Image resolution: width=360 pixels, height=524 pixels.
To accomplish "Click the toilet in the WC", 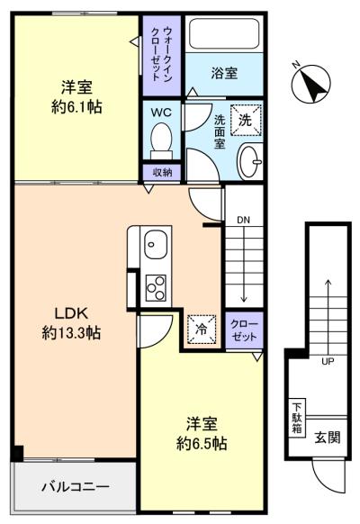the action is [x=161, y=141].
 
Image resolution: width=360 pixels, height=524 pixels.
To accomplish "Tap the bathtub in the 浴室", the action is [x=224, y=34].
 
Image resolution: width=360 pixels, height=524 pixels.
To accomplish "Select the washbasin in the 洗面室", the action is [x=250, y=161].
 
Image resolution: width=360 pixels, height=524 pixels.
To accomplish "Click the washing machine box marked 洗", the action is [x=246, y=120].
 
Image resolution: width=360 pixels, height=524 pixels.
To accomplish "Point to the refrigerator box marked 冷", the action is [x=202, y=330].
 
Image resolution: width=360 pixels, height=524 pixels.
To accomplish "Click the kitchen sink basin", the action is [x=156, y=244].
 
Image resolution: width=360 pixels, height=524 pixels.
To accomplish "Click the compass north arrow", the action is [x=311, y=83].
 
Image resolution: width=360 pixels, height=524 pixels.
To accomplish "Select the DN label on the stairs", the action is [x=244, y=220].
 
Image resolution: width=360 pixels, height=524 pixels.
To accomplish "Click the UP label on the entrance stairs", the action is [x=328, y=361].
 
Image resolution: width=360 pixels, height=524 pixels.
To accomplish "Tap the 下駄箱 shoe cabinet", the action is [x=297, y=418].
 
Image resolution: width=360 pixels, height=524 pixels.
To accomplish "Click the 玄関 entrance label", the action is [x=328, y=438].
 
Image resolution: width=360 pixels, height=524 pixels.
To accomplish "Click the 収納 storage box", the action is [x=162, y=173].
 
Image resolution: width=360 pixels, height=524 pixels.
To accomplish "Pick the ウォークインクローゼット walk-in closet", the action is [x=162, y=56].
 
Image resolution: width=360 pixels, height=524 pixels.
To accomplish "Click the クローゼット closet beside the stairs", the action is [x=245, y=330].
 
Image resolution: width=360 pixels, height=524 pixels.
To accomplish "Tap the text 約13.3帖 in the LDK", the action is [x=71, y=333].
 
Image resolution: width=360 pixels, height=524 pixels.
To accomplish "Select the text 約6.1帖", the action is [x=76, y=107].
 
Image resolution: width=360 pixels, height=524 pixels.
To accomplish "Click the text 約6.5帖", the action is [x=202, y=444].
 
